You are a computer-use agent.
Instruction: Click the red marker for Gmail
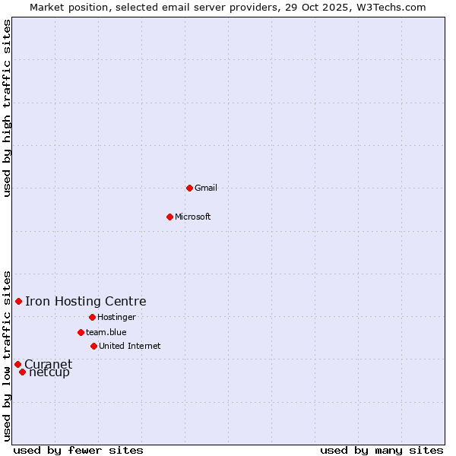(189, 188)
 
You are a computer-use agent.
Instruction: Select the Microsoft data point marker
(170, 217)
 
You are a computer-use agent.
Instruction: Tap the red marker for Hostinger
(92, 317)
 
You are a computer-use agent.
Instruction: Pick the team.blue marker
(81, 332)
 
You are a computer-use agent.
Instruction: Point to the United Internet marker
(93, 346)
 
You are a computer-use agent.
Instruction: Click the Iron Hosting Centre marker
(19, 302)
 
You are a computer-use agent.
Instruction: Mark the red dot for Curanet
(17, 365)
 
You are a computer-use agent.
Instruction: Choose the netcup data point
(23, 372)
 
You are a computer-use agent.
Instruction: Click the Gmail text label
(206, 188)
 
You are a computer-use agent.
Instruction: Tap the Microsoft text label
(193, 217)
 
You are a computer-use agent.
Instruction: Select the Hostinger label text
(116, 317)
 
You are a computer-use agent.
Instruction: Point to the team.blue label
(106, 332)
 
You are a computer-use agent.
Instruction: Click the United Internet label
(130, 346)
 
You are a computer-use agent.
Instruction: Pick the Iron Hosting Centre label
(86, 302)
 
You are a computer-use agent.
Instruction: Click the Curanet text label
(49, 364)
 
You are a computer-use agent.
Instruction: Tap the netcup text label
(50, 372)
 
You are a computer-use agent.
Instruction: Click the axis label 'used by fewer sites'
(78, 451)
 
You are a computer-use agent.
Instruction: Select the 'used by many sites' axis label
(382, 451)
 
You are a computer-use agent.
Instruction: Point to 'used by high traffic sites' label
(7, 108)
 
